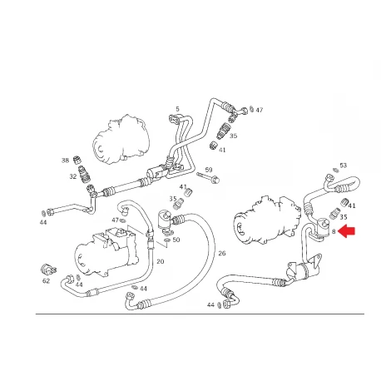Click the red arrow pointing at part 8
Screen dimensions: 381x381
tap(347, 231)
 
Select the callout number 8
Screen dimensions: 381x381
tap(334, 231)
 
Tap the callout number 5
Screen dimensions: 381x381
tap(177, 109)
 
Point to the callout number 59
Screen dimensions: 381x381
tap(209, 170)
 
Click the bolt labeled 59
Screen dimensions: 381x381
tap(208, 177)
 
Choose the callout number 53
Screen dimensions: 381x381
tap(344, 166)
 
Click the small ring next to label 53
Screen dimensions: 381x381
tap(335, 170)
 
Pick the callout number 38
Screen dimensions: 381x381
tap(65, 161)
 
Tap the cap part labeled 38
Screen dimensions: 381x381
tap(77, 161)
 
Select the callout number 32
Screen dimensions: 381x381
tap(73, 176)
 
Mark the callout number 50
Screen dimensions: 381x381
tap(176, 240)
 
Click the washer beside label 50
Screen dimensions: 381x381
tap(167, 240)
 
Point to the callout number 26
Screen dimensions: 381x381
tap(222, 253)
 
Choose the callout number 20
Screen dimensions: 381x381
tap(161, 261)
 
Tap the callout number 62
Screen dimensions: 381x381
tap(46, 281)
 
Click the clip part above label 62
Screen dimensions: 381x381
tap(48, 270)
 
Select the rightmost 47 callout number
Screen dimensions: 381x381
tap(260, 110)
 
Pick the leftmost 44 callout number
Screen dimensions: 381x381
tap(43, 222)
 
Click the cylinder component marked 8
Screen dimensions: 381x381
tap(322, 226)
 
